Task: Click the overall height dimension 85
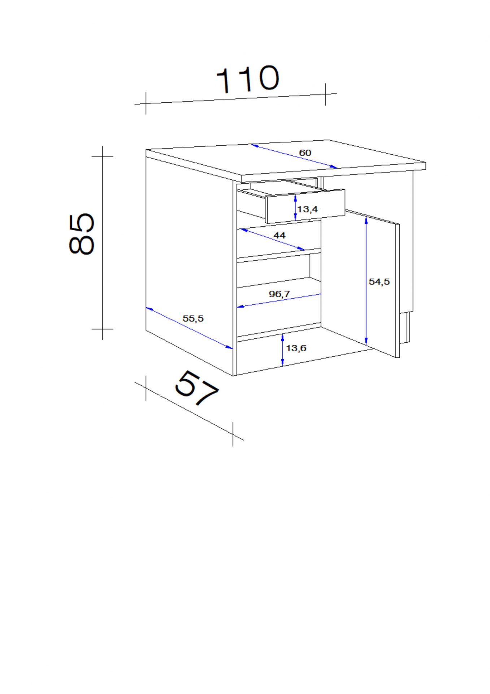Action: coord(82,234)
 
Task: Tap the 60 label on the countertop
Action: coord(305,153)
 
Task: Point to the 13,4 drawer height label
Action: coord(308,209)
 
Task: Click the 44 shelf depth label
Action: coord(279,235)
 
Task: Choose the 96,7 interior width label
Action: coord(279,294)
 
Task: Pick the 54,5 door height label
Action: coord(379,282)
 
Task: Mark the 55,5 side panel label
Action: coord(193,318)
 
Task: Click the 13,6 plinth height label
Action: coord(296,348)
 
